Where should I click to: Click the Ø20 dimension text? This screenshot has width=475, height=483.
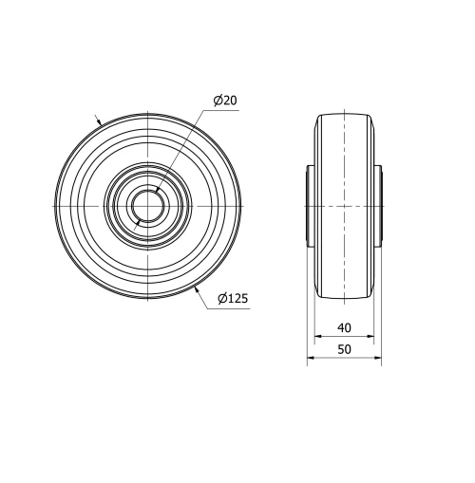click(225, 101)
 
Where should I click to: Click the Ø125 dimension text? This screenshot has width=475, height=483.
click(232, 298)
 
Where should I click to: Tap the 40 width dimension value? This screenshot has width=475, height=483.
click(344, 327)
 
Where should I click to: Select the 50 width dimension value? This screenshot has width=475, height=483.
click(344, 350)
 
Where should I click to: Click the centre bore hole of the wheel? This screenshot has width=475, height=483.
click(147, 206)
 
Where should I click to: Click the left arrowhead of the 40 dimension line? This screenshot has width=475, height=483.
click(316, 337)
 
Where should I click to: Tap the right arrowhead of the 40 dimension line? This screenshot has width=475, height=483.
click(370, 337)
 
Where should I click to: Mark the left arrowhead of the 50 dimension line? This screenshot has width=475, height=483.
click(310, 360)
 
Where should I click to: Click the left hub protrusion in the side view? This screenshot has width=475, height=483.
click(309, 206)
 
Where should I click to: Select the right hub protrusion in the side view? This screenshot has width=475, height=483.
click(377, 206)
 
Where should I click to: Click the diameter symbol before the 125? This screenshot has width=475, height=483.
click(220, 298)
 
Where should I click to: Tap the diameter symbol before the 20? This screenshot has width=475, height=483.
click(218, 101)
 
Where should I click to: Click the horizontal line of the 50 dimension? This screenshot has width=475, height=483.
click(343, 360)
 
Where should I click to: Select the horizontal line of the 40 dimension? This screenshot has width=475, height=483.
click(343, 337)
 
